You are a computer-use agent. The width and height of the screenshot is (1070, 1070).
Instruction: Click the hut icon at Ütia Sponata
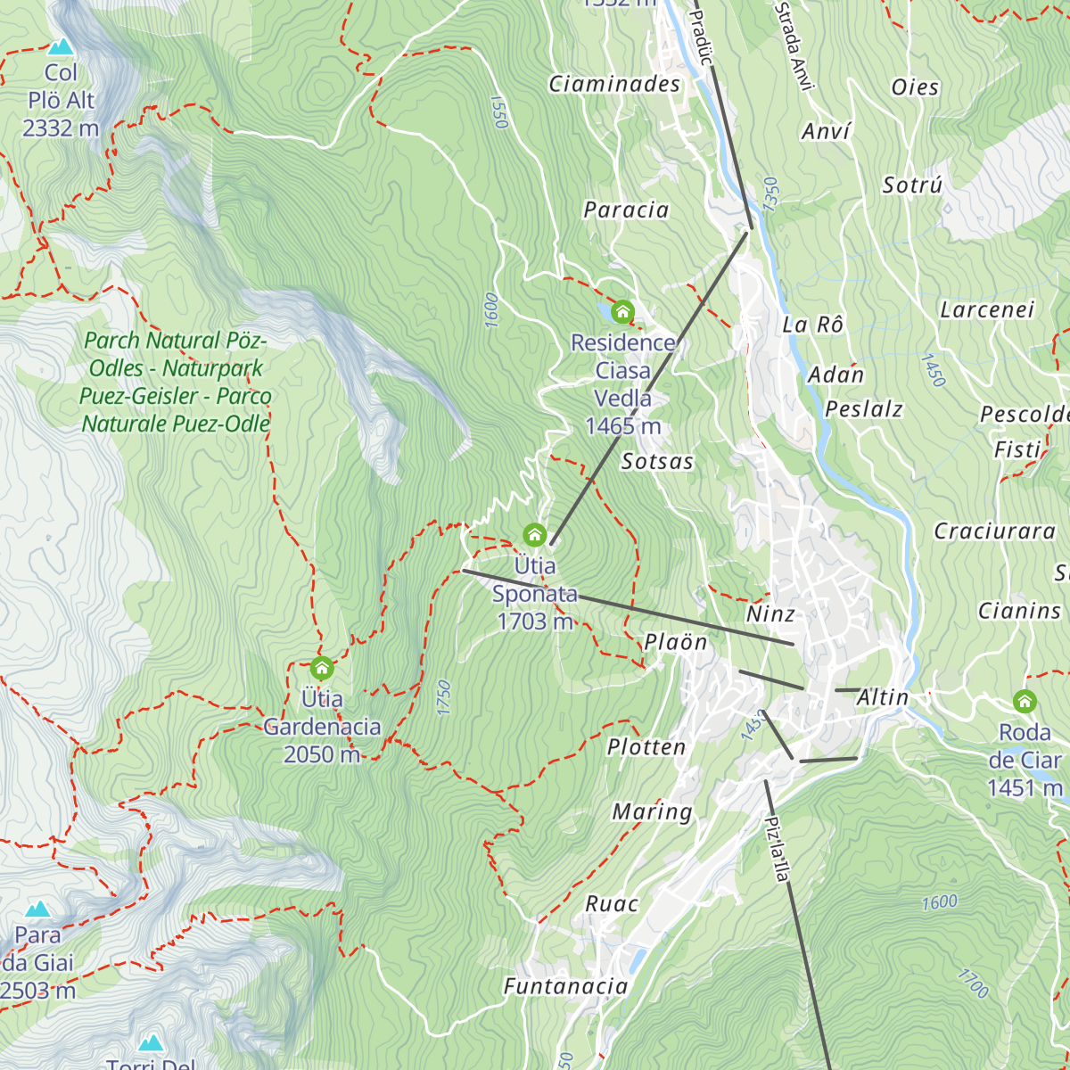pyautogui.click(x=534, y=535)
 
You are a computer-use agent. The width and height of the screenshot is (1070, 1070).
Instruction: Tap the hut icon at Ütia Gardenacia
pyautogui.click(x=321, y=668)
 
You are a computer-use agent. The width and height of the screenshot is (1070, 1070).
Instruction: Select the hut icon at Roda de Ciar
pyautogui.click(x=1025, y=702)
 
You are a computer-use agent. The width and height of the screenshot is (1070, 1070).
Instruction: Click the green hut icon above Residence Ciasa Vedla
pyautogui.click(x=622, y=312)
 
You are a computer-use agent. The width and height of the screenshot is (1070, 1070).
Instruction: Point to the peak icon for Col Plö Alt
pyautogui.click(x=61, y=45)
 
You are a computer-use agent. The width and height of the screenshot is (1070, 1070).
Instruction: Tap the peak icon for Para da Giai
pyautogui.click(x=37, y=909)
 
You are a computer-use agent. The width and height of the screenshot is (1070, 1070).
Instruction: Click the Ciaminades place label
pyautogui.click(x=614, y=85)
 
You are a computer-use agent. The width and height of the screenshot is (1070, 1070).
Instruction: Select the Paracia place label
pyautogui.click(x=626, y=210)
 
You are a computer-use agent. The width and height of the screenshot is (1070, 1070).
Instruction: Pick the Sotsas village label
pyautogui.click(x=657, y=462)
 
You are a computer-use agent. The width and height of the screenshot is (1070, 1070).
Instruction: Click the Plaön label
pyautogui.click(x=676, y=643)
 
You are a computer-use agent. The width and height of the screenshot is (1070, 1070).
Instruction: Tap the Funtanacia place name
pyautogui.click(x=566, y=986)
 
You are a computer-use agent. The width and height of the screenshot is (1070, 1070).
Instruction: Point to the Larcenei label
pyautogui.click(x=987, y=310)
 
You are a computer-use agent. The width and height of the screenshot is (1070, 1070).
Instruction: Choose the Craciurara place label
pyautogui.click(x=995, y=531)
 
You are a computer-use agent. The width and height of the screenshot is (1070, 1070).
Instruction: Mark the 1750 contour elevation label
pyautogui.click(x=444, y=697)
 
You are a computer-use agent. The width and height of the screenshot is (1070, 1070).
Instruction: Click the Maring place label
pyautogui.click(x=652, y=812)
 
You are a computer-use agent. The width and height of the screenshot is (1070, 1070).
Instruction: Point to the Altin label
pyautogui.click(x=883, y=698)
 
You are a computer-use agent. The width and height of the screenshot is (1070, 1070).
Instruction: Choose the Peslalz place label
pyautogui.click(x=864, y=410)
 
